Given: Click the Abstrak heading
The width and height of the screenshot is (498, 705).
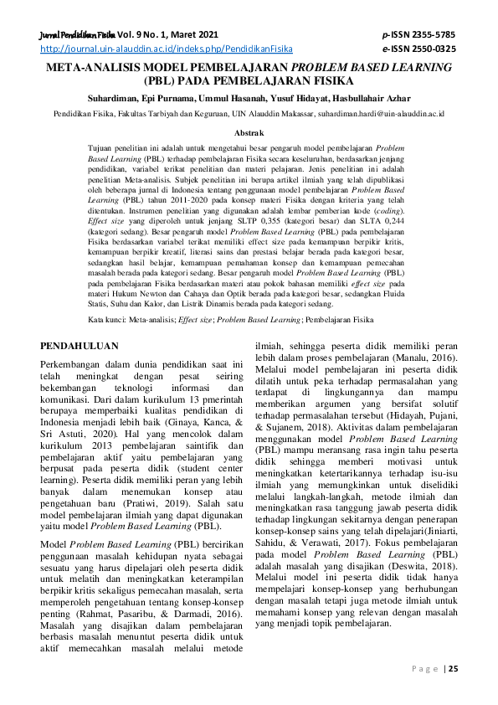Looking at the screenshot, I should [x=249, y=132].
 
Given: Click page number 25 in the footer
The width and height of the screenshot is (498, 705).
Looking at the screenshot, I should [x=453, y=667].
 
